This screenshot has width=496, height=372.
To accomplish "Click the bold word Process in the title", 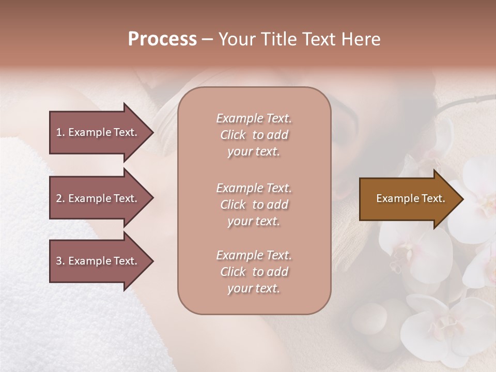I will [162, 39].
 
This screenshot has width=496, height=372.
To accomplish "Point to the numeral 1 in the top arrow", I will [59, 132].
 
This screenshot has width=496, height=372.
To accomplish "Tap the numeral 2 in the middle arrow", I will [59, 198].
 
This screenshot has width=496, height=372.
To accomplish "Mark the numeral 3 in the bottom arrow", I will [59, 261].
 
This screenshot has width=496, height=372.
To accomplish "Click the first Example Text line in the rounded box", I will [254, 118].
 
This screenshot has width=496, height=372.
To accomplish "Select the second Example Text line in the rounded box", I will [254, 188].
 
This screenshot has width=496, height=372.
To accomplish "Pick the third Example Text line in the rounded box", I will [254, 255].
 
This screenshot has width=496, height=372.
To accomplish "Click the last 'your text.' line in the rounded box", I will [254, 289].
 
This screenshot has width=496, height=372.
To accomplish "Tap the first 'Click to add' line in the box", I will [254, 135].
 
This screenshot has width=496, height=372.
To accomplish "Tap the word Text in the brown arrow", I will [432, 198].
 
